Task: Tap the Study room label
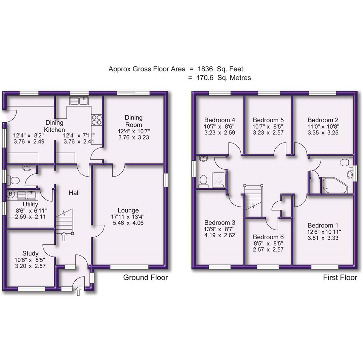(30, 253)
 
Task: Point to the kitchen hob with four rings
(97, 120)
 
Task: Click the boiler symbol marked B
(10, 194)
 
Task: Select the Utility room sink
(26, 195)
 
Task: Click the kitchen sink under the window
(79, 100)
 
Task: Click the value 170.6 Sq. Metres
(205, 78)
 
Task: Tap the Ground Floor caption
(145, 278)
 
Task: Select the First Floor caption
(340, 278)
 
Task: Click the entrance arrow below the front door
(78, 291)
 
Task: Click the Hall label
(74, 193)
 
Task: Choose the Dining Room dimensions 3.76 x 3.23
(133, 137)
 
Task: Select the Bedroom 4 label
(219, 120)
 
